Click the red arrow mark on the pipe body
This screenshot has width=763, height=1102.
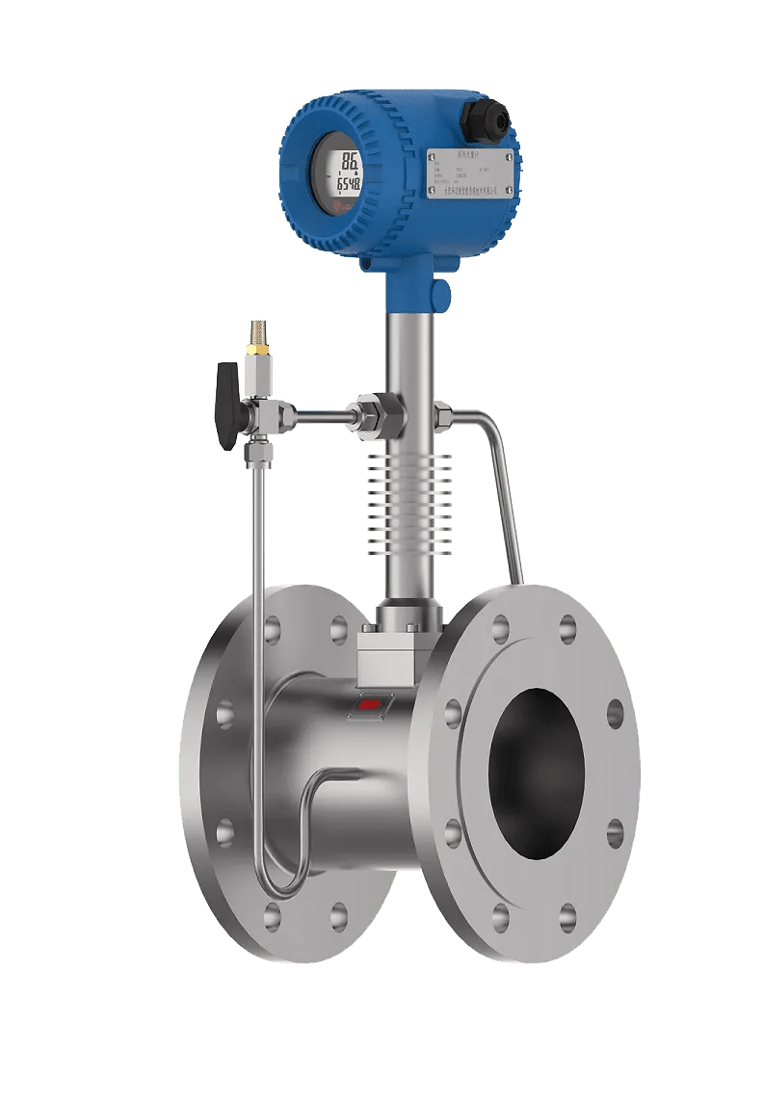tap(370, 703)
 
